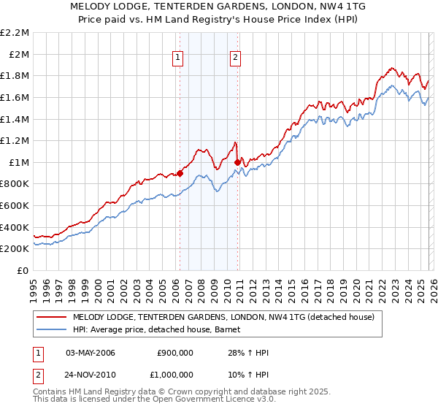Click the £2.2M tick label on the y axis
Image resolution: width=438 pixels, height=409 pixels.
click(x=15, y=33)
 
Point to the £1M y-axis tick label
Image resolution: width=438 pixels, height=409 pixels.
click(x=19, y=162)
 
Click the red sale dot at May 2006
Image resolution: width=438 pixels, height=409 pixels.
click(x=180, y=173)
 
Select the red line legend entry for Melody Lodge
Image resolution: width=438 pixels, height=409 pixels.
click(x=223, y=317)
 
